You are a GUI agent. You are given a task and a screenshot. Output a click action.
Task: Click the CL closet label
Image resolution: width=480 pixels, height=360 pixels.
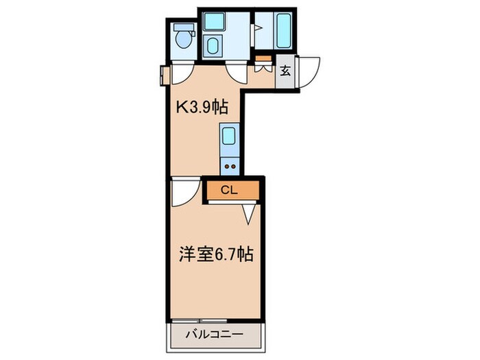point(230,190)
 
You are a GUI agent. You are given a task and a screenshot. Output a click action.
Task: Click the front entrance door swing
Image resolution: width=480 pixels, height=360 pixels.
point(308,71)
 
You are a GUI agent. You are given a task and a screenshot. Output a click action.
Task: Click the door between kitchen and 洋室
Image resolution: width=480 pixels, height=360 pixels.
point(183,194)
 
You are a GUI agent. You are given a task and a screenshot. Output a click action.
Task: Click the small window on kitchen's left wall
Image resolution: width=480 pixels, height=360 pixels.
point(163,75)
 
